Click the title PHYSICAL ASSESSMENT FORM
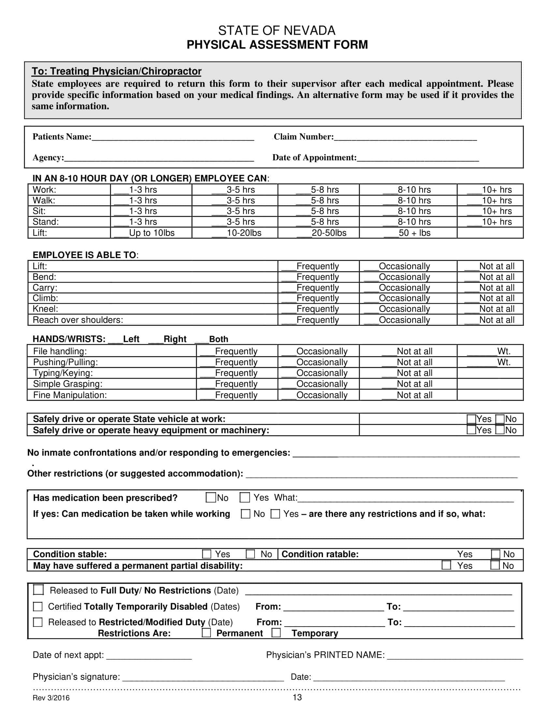point(277,45)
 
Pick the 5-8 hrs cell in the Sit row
point(318,211)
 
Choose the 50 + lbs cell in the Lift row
point(408,233)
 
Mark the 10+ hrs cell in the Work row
point(490,190)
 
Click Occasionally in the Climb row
point(397,298)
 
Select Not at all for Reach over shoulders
point(489,320)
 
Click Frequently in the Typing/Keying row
point(229,373)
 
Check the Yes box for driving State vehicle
point(471,419)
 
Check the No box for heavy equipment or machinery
point(500,430)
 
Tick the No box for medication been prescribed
point(211,498)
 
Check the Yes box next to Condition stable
point(206,554)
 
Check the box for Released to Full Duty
point(38,590)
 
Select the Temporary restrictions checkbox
point(276,633)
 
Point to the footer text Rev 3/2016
point(51,698)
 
